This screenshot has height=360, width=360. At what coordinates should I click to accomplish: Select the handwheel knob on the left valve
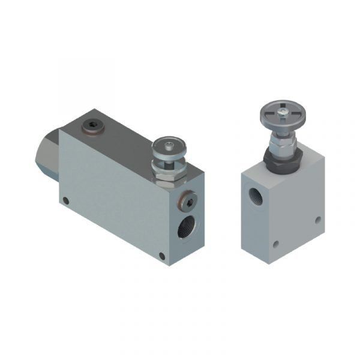click(x=169, y=148)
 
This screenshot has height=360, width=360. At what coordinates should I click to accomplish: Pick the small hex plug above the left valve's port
click(x=186, y=202)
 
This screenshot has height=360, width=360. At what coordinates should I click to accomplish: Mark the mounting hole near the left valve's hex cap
click(x=66, y=201)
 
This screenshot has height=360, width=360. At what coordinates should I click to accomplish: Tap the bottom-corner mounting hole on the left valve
click(x=162, y=256)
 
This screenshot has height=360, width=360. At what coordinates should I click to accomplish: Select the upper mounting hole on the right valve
click(x=317, y=220)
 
